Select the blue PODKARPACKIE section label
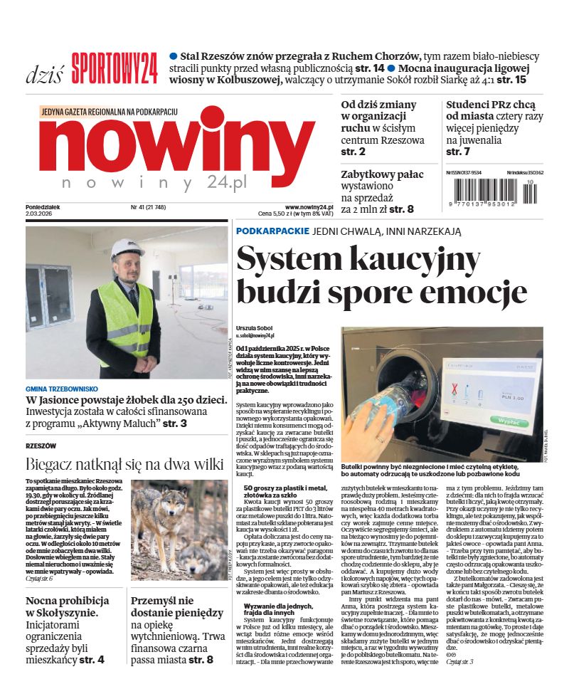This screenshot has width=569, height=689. (x=272, y=231)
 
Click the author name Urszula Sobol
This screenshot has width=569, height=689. (x=253, y=327)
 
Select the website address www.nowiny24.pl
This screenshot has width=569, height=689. (x=309, y=206)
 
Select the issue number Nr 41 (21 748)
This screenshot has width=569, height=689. (x=148, y=207)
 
